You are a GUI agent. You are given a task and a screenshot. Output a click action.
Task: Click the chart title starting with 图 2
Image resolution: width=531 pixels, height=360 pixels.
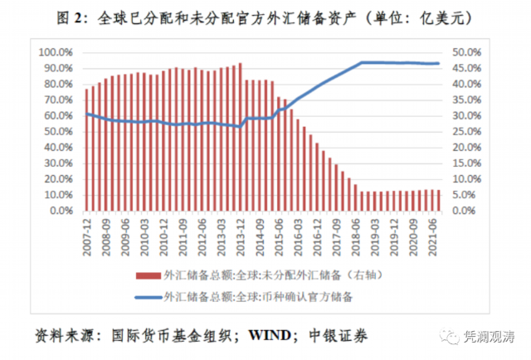click(265, 17)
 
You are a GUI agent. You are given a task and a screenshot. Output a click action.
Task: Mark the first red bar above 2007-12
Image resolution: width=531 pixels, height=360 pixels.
click(87, 149)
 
